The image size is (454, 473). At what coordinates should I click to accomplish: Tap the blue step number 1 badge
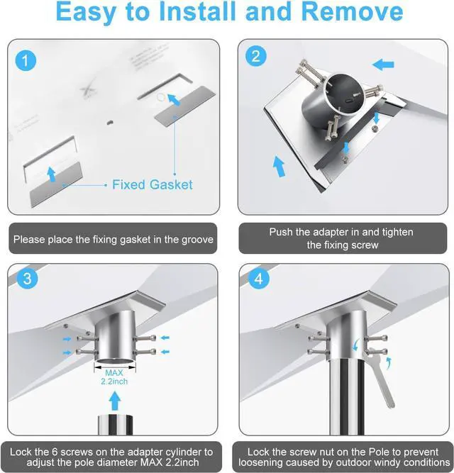(x=26, y=61)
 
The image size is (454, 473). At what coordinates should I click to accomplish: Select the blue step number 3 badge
(x=26, y=279)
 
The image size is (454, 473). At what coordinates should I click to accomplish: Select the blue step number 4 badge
(x=258, y=279)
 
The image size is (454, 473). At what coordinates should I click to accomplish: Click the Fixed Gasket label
(x=152, y=184)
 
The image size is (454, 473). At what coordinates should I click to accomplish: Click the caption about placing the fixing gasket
(x=113, y=240)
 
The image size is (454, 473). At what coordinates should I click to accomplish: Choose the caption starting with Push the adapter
(x=341, y=238)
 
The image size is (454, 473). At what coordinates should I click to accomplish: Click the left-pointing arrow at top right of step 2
(x=383, y=65)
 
